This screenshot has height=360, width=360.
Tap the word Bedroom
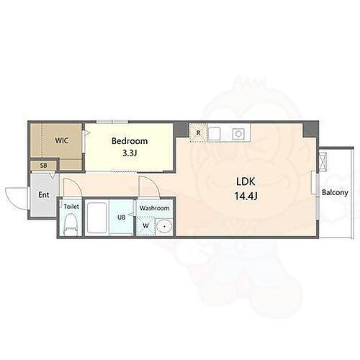tap(130, 141)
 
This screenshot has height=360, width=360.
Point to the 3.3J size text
tap(130, 153)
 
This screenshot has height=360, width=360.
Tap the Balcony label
tap(335, 192)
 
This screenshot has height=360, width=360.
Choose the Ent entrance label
tap(44, 194)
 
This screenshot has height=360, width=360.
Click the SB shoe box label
tap(42, 166)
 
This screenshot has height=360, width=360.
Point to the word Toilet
tap(71, 207)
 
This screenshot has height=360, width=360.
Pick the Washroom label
tap(155, 208)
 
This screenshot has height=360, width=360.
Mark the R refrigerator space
tap(198, 132)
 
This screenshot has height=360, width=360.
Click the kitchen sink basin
tap(215, 132)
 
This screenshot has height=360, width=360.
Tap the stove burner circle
tap(238, 132)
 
